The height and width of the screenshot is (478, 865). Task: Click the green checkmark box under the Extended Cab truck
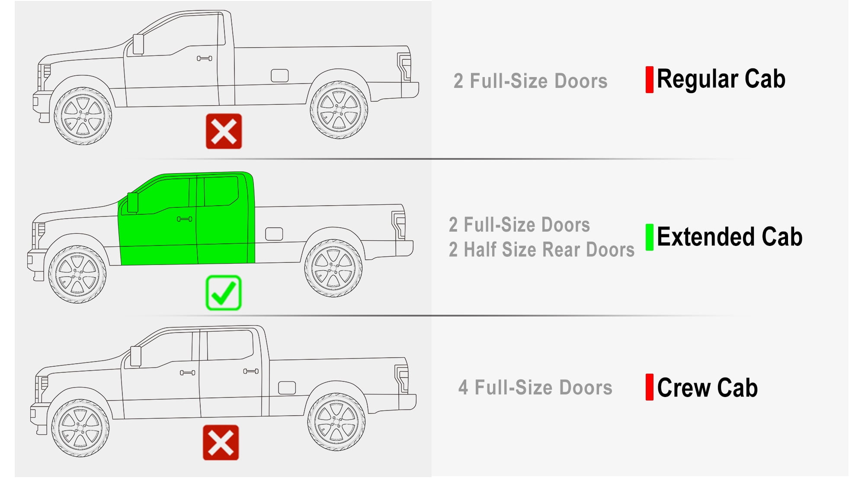[224, 293]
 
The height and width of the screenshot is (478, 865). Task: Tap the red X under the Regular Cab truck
[224, 131]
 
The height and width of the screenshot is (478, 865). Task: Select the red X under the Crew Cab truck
[221, 442]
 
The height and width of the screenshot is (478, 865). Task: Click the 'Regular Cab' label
[721, 80]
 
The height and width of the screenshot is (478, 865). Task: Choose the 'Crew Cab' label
[707, 388]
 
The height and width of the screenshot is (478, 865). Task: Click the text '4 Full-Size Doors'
[535, 388]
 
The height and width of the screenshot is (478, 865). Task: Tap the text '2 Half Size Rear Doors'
[541, 250]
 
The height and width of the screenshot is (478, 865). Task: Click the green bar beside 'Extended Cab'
[649, 237]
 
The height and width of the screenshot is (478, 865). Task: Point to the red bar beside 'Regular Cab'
[649, 80]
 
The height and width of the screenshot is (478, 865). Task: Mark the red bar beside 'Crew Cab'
[649, 387]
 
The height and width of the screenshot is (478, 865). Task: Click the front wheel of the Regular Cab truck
[83, 116]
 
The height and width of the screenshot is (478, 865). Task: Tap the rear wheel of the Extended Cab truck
[333, 268]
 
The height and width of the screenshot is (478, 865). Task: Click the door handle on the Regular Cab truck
[205, 58]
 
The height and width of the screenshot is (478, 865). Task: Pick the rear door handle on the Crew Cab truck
[251, 371]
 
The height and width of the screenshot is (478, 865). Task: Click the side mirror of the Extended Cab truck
[132, 202]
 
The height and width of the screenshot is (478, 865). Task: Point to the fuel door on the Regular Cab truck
[280, 76]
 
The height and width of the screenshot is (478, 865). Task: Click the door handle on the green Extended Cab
[185, 219]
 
